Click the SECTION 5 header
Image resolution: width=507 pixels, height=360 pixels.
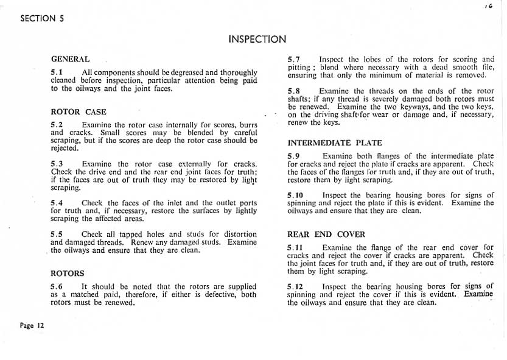[42, 18]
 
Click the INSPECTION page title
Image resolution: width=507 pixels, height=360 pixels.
[257, 40]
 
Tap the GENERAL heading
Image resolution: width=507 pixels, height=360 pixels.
[70, 59]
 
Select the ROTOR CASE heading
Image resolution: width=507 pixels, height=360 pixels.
[78, 112]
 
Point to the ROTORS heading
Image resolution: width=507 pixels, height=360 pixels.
[67, 274]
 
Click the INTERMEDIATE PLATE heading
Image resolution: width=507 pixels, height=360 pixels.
[335, 143]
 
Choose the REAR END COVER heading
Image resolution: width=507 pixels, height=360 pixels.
[326, 235]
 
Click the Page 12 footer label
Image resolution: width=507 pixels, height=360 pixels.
[32, 325]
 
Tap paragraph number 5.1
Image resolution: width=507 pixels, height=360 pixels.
[57, 72]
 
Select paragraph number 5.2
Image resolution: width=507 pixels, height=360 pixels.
[57, 125]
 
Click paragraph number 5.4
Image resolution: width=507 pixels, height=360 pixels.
[57, 203]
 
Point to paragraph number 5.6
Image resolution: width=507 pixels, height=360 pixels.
[57, 286]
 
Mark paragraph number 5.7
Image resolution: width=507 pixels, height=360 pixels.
[293, 59]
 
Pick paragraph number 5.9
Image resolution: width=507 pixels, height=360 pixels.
[293, 156]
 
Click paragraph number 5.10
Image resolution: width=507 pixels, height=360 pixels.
[295, 196]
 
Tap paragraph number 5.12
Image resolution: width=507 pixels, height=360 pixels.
[295, 286]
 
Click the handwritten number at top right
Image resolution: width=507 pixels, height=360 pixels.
[488, 5]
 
